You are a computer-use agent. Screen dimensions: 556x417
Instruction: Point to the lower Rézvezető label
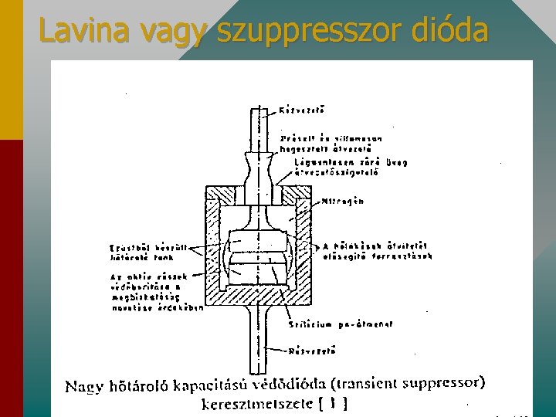pos(311,351)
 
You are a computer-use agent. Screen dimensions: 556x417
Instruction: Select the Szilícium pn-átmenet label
pos(340,324)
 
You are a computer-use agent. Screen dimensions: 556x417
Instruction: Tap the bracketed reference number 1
pos(334,403)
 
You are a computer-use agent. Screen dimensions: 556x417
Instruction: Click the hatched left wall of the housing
pos(212,247)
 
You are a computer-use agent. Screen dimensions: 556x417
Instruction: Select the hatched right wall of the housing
pos(307,247)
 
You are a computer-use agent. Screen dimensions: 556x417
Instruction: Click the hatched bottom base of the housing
pos(260,297)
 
